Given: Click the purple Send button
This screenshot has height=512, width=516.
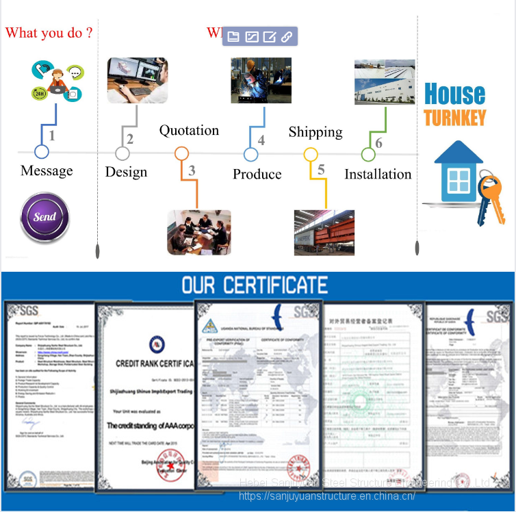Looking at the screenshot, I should click(45, 218).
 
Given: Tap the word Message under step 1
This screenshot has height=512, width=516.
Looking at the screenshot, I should click(47, 170).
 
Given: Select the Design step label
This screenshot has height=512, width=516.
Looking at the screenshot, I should click(126, 172).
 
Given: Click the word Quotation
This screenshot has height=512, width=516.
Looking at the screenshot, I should click(189, 131).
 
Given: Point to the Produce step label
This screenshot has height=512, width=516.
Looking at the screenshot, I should click(257, 175).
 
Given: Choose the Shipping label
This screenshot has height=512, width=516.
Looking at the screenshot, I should click(315, 132).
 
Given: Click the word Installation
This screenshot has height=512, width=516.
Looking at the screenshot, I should click(378, 175).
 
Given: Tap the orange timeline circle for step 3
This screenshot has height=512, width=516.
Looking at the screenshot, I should click(181, 154).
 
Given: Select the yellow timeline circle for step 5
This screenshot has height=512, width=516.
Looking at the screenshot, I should click(311, 155).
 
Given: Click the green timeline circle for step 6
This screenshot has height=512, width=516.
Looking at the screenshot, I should click(368, 155).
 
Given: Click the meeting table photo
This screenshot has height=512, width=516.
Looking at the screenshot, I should click(199, 233).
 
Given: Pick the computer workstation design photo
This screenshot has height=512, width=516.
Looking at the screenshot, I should click(138, 80).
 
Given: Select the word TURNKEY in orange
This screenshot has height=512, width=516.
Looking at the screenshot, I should click(454, 117).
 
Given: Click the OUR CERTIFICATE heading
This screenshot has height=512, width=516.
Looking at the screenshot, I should click(255, 285).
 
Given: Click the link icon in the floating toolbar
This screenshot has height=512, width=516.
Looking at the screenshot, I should click(287, 37).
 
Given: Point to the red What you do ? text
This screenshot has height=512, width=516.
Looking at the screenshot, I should click(49, 33).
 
